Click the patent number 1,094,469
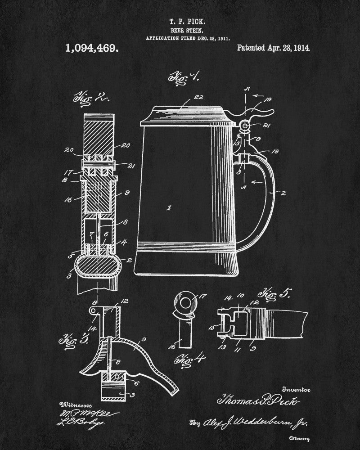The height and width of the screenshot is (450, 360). tap(92, 49)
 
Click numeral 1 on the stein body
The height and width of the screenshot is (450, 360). tap(168, 207)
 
